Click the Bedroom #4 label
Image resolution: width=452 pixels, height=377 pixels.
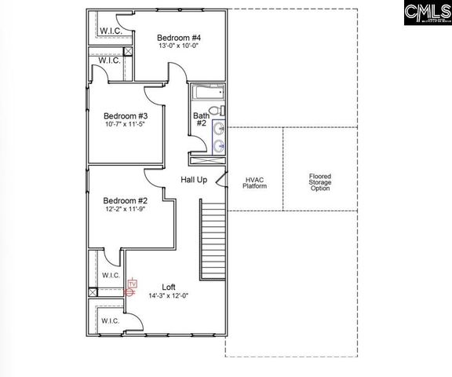[179, 38]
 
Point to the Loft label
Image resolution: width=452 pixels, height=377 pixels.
[169, 287]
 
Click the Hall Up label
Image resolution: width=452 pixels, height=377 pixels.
[194, 180]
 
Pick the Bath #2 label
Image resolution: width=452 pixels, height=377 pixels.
[200, 119]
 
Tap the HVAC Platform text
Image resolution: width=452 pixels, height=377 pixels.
[254, 183]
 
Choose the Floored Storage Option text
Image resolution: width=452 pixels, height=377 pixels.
[320, 183]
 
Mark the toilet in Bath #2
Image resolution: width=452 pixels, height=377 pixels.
[221, 111]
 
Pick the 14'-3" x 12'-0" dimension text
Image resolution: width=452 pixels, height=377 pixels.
[169, 296]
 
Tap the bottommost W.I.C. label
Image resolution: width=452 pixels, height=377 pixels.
[110, 320]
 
